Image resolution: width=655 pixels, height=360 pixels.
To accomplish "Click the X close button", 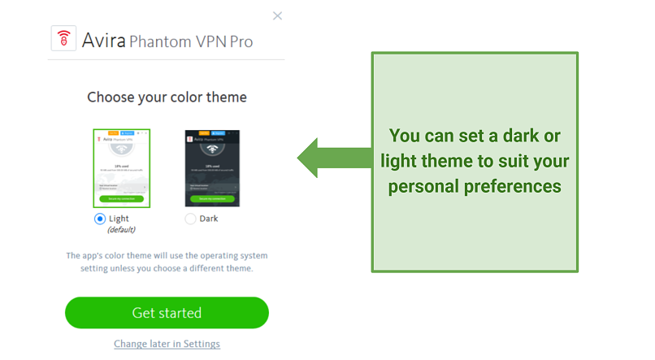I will pos(278,15).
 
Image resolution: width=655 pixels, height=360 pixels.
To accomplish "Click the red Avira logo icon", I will pos(63,39).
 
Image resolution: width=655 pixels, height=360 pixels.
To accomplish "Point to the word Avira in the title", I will pos(104,40).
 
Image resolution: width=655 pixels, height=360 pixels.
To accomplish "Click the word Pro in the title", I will pos(240,41).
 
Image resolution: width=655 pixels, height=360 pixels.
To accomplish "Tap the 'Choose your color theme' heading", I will pos(167,98).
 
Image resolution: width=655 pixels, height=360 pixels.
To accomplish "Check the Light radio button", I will pos(100,219).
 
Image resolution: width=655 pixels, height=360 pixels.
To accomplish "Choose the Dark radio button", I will pos(190,219).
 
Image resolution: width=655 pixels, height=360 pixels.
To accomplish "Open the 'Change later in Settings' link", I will pos(167,344).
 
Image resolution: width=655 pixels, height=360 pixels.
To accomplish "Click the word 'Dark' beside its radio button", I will pos(209,219).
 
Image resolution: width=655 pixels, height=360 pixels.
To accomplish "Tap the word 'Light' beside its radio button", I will pos(119,219).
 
